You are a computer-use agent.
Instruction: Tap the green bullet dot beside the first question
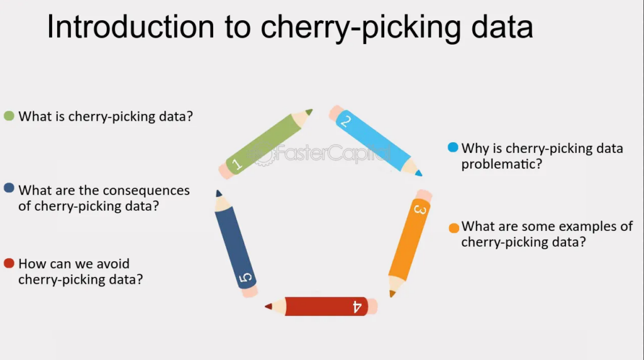pos(9,116)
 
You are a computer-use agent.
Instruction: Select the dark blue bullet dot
pos(9,188)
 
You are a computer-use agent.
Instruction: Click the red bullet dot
pos(9,263)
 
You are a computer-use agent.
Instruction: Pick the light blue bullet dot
pos(453,147)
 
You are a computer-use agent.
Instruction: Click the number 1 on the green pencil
pos(237,165)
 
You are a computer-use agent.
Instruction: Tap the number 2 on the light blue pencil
pos(345,121)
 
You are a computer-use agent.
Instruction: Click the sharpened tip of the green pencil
pos(310,111)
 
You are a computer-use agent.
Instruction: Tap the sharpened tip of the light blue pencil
pos(419,174)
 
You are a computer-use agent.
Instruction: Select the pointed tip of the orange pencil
pos(392,293)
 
